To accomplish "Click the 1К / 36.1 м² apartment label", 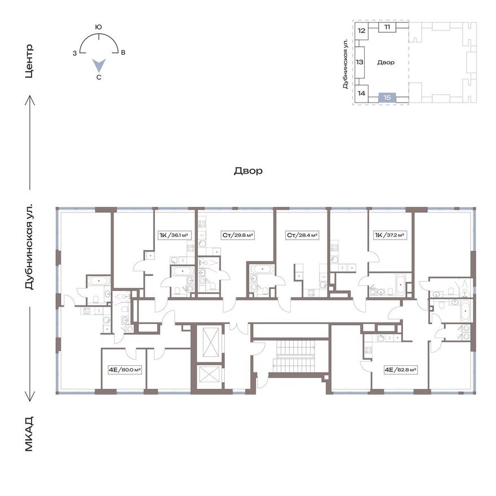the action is pyautogui.click(x=174, y=236).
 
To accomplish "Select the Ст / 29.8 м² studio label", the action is pyautogui.click(x=238, y=236).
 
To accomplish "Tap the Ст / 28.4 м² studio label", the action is pyautogui.click(x=302, y=236).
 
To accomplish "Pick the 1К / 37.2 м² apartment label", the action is pyautogui.click(x=389, y=236).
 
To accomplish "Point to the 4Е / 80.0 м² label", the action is pyautogui.click(x=125, y=370).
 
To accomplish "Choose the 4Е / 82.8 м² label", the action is pyautogui.click(x=400, y=370).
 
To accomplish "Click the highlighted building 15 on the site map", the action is pyautogui.click(x=387, y=98).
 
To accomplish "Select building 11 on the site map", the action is pyautogui.click(x=387, y=27).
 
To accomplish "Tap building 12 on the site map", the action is pyautogui.click(x=361, y=31).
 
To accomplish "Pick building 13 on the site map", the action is pyautogui.click(x=360, y=63).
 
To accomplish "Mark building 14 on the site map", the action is pyautogui.click(x=361, y=94).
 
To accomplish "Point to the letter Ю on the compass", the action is pyautogui.click(x=99, y=27).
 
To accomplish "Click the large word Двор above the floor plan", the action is pyautogui.click(x=249, y=171).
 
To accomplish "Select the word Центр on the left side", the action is pyautogui.click(x=29, y=61).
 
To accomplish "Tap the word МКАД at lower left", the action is pyautogui.click(x=29, y=434).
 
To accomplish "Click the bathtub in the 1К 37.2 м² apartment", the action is pyautogui.click(x=400, y=285).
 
